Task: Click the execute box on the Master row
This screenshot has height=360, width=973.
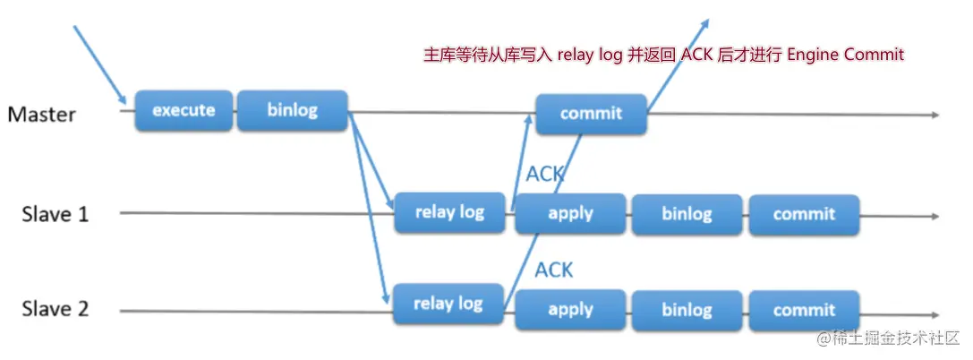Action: (x=184, y=111)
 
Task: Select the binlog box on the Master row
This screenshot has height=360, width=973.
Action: (x=292, y=111)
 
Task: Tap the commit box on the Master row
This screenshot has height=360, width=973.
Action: (x=591, y=114)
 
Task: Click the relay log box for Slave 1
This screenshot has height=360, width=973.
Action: (x=449, y=213)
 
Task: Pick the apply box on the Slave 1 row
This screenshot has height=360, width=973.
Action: (x=570, y=214)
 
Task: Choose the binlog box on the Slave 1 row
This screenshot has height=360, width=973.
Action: (x=687, y=214)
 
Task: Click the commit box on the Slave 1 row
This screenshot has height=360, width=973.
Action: (x=804, y=214)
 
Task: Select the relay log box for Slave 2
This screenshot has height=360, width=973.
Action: (x=448, y=304)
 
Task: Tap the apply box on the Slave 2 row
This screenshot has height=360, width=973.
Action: (x=570, y=310)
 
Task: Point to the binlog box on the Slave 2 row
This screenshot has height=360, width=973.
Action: (x=687, y=310)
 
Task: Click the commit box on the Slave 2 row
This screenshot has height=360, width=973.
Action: (x=804, y=310)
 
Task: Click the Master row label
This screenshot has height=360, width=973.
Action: (x=42, y=115)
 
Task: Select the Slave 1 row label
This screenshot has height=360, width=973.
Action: (x=55, y=214)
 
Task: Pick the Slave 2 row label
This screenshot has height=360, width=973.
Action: (x=55, y=310)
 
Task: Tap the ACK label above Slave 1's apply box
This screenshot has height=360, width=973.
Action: (x=545, y=174)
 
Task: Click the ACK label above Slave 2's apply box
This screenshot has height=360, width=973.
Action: (x=553, y=269)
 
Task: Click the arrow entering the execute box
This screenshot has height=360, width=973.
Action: (x=99, y=65)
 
